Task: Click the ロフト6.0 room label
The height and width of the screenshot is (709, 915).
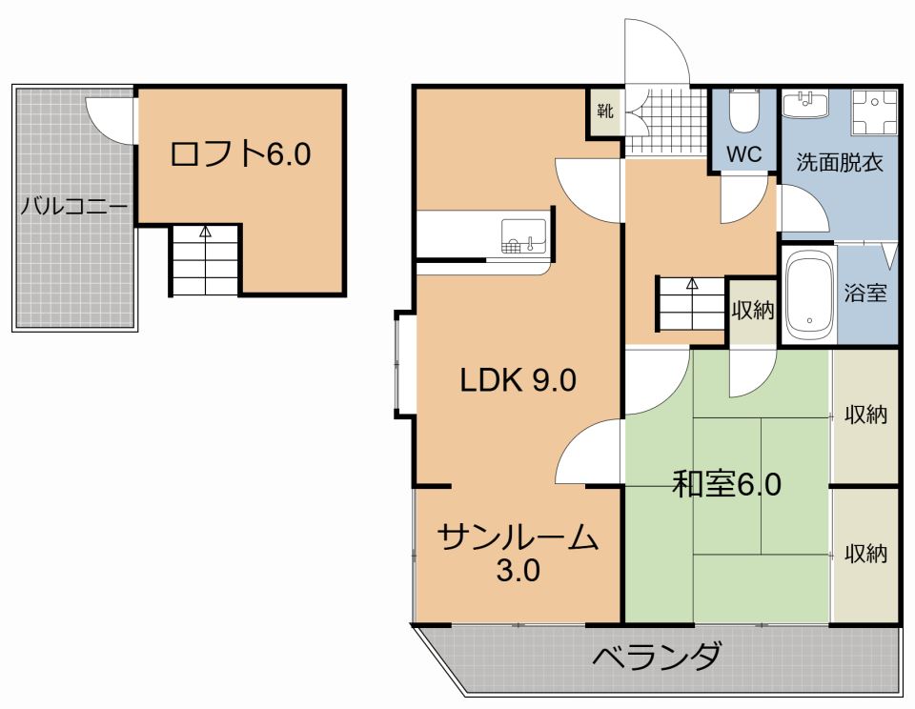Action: (240, 154)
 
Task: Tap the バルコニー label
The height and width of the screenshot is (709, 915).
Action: (74, 207)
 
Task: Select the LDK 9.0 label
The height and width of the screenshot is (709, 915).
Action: (518, 380)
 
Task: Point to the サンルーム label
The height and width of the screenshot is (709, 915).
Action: (518, 538)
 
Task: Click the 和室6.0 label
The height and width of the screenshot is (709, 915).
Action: (726, 484)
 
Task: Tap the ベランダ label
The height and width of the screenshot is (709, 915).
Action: (657, 656)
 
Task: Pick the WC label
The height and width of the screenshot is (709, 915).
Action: (744, 154)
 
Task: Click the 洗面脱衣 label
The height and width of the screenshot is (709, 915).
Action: (840, 162)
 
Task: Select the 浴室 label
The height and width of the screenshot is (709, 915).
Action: (865, 293)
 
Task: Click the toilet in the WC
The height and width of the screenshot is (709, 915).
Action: (744, 111)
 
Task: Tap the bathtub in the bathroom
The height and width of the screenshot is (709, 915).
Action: (809, 294)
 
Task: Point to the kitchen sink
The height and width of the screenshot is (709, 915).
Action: (524, 236)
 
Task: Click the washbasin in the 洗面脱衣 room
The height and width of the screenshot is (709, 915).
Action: (805, 105)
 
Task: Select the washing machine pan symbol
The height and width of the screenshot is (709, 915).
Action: (874, 112)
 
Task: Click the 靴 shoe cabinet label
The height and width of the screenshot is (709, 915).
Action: (605, 111)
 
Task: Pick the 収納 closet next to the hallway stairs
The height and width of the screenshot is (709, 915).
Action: (753, 310)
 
